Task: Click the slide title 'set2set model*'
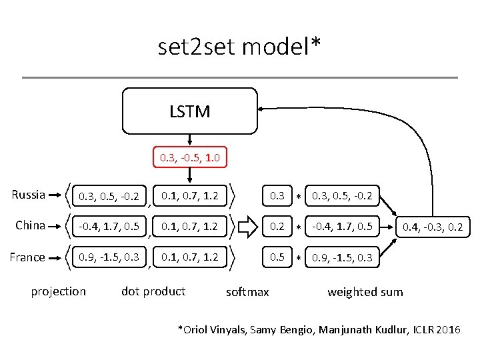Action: coord(239,46)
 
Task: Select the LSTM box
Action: coord(189,111)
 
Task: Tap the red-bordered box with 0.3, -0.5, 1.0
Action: coord(190,158)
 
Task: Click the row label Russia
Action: coord(29,195)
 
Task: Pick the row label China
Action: coord(31,225)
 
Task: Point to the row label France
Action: coord(28,257)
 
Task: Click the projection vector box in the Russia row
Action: coord(109,196)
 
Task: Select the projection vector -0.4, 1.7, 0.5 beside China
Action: coord(109,227)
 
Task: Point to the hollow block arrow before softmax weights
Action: coord(247,227)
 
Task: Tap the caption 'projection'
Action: coord(59,291)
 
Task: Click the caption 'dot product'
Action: coord(153,291)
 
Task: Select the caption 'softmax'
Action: coord(247,292)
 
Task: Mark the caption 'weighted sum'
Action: coord(365,292)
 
